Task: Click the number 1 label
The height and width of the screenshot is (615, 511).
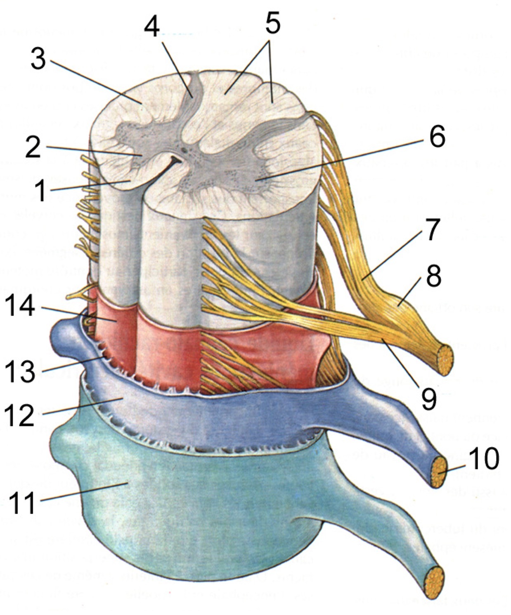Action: pyautogui.click(x=40, y=191)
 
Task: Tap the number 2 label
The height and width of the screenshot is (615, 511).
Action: pyautogui.click(x=33, y=147)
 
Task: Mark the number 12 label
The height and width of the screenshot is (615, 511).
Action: pyautogui.click(x=19, y=415)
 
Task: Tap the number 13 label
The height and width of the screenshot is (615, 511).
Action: pyautogui.click(x=19, y=371)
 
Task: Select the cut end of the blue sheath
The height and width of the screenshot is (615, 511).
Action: pyautogui.click(x=438, y=472)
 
